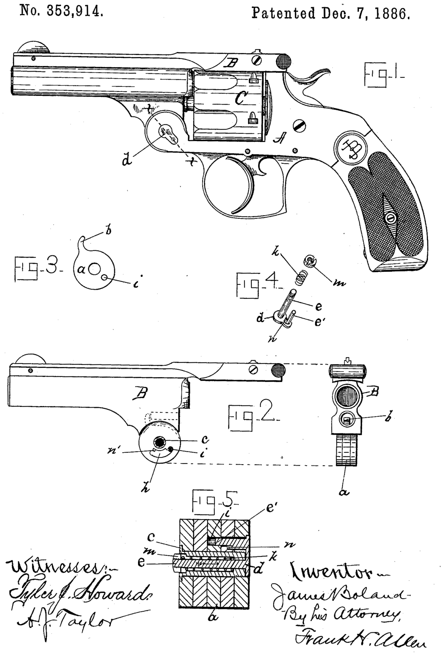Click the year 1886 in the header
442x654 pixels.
click(393, 14)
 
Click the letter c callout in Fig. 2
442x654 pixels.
click(205, 439)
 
